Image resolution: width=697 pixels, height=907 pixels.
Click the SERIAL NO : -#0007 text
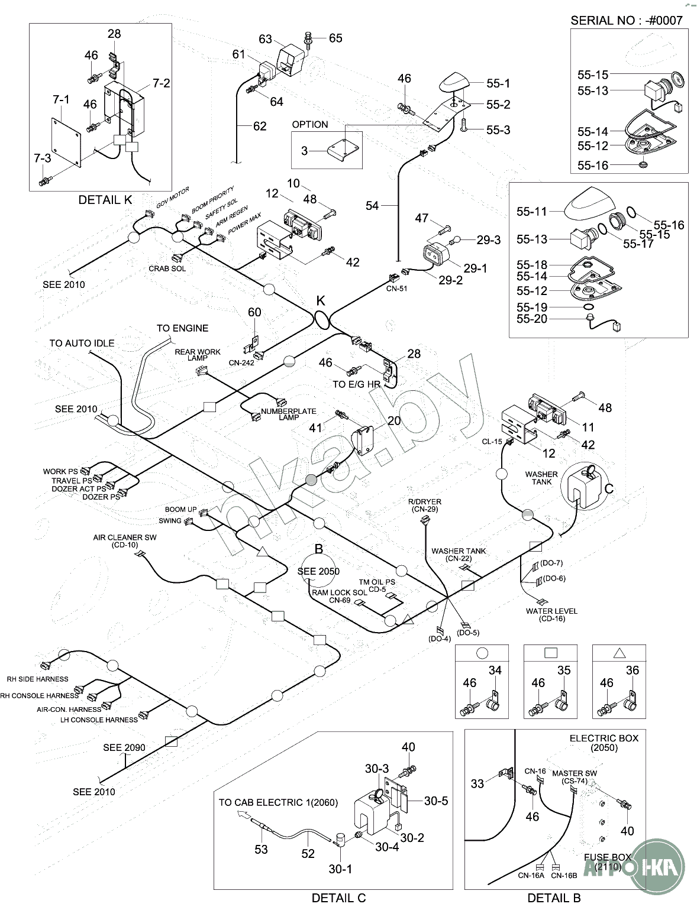pos(626,20)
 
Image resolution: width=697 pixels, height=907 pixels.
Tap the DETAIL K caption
pos(105,200)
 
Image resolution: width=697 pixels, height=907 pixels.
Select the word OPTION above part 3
pos(309,124)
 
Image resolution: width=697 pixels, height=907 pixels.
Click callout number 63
pos(265,39)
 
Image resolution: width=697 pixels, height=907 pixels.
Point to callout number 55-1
pos(498,84)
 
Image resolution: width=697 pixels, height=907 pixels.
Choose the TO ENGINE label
pos(182,328)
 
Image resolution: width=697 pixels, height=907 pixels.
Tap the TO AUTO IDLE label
pos(82,343)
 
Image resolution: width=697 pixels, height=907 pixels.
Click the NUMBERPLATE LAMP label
pos(289,414)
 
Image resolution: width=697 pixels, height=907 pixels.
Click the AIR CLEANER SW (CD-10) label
pos(125,541)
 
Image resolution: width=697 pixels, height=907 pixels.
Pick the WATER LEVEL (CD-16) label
pos(551,615)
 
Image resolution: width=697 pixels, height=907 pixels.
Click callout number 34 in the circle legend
pos(495,670)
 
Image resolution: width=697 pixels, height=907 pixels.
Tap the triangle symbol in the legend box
pos(619,653)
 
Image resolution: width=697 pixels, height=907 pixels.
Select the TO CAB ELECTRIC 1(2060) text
pos(278,802)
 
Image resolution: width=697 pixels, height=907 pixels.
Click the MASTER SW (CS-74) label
pos(575,777)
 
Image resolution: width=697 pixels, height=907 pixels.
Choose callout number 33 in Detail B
pos(477,783)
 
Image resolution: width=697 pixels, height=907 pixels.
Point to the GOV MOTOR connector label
pos(172,197)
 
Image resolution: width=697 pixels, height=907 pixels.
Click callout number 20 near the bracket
pos(394,421)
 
